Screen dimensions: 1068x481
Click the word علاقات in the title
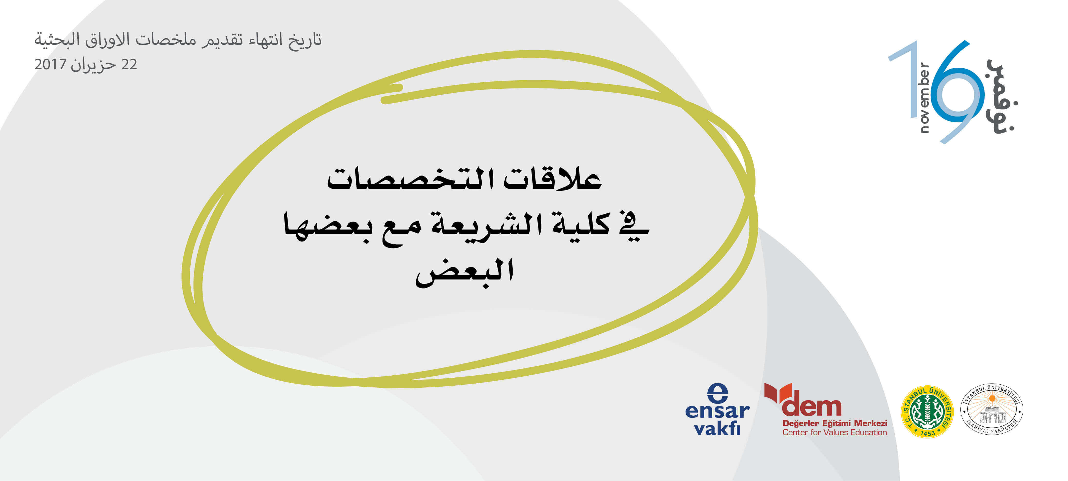pos(553,179)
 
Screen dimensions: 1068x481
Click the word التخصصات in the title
pos(410,179)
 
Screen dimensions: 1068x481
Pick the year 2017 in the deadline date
pos(50,64)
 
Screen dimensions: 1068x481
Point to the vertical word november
pos(924,97)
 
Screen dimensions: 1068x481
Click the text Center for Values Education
pos(835,432)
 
